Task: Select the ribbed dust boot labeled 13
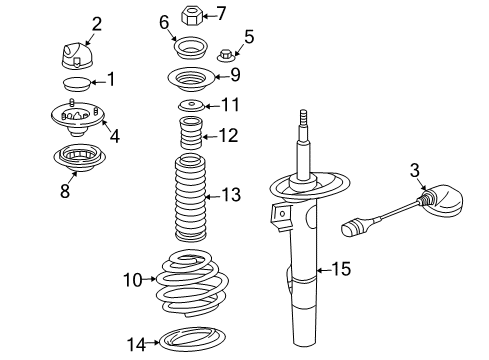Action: tap(190, 198)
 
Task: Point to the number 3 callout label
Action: tap(415, 172)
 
